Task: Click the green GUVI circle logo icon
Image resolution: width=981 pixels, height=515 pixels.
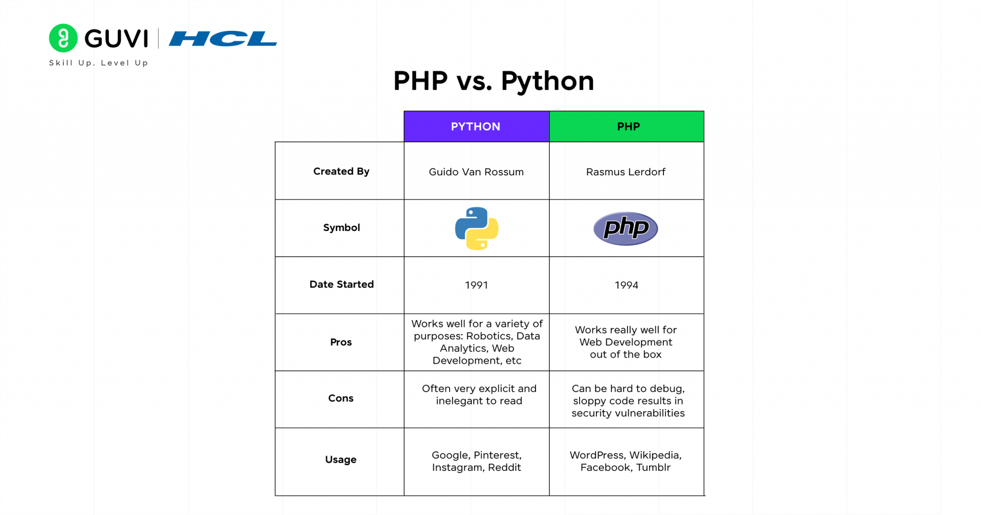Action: point(63,38)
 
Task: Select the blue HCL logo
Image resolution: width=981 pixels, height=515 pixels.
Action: point(223,39)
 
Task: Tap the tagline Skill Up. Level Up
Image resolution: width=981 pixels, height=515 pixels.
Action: point(99,63)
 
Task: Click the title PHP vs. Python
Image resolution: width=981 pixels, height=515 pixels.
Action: point(493,81)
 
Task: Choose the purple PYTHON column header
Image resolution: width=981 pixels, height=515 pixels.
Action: point(477,126)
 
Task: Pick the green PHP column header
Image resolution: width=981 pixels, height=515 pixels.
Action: point(627,126)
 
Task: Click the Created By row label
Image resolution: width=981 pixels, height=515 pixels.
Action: point(341,172)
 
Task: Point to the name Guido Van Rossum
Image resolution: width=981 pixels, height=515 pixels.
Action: point(476,172)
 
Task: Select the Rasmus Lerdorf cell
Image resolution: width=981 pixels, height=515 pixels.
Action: point(626,172)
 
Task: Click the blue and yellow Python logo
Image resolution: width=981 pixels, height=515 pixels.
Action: point(477,229)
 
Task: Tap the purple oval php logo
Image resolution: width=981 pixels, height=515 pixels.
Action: point(626,229)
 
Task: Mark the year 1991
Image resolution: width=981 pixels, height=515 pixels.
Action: point(477,286)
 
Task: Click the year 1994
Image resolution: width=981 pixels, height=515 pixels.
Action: point(627,286)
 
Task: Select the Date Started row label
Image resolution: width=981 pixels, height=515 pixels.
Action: point(342,285)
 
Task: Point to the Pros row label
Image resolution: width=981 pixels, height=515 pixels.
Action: point(341,342)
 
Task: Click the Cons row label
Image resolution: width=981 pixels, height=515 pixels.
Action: point(341,399)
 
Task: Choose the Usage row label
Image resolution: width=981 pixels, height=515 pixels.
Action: point(341,460)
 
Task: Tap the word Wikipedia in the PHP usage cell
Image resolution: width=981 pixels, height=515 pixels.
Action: point(655,456)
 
